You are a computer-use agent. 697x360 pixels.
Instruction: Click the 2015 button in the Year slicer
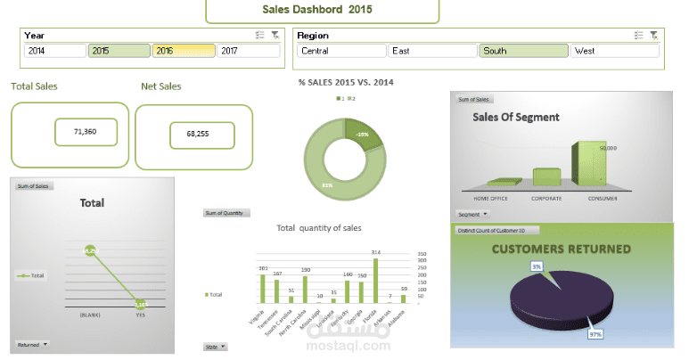click(x=119, y=51)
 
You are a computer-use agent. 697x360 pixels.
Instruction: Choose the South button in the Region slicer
click(x=522, y=51)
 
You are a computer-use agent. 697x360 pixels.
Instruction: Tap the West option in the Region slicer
click(x=613, y=51)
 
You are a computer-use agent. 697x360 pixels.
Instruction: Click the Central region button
click(x=340, y=51)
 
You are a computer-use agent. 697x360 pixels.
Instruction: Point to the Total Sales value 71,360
click(x=85, y=132)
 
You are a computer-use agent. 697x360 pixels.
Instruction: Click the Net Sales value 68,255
click(x=201, y=135)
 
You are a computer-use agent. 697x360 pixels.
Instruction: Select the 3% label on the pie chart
click(x=537, y=266)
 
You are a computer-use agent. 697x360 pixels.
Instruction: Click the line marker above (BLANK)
click(x=90, y=252)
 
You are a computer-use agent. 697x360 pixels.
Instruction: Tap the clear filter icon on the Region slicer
click(x=654, y=35)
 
